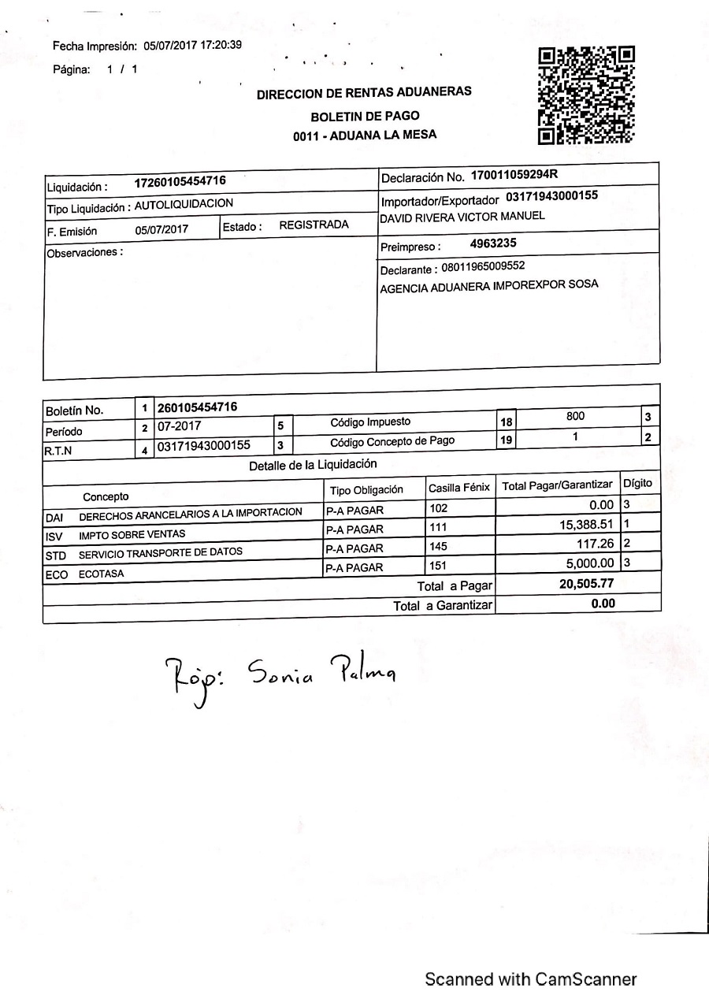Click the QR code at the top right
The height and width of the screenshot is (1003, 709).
586,95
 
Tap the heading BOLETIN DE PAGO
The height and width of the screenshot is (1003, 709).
365,116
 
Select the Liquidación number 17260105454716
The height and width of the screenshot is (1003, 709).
180,181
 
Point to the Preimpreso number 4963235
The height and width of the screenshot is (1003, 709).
493,243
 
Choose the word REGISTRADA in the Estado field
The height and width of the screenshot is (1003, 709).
314,225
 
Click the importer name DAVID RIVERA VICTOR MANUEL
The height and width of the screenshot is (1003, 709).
462,217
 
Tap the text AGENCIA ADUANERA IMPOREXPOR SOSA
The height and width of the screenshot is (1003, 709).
488,285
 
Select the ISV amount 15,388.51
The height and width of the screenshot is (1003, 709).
585,524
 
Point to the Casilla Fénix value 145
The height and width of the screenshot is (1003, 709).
438,547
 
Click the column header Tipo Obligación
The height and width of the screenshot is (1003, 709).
366,490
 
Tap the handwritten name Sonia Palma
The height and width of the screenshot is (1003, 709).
321,671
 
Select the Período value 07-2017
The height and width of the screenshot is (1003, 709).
179,426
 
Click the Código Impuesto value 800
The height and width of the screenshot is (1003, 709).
576,416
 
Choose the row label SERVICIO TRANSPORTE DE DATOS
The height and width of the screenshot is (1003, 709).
161,552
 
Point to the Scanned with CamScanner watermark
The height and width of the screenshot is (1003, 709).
530,979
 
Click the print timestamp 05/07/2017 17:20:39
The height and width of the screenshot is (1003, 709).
192,45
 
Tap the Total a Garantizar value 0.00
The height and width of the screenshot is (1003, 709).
603,604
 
